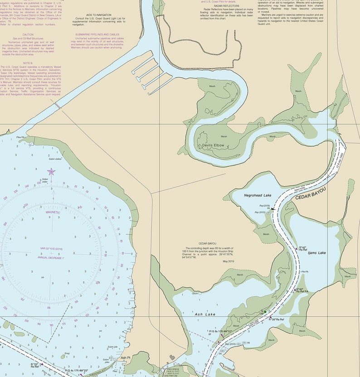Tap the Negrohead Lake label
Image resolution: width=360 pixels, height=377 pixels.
point(257,195)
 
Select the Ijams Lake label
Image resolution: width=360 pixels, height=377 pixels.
point(316,253)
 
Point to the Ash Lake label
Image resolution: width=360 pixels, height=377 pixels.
point(205,314)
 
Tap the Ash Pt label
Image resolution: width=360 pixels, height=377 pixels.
point(126,358)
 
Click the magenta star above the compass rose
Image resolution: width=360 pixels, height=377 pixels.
point(51,171)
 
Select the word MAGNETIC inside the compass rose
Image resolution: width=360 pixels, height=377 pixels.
point(53,212)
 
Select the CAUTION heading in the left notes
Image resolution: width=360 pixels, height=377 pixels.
point(28,34)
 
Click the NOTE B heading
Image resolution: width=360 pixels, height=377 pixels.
point(28,63)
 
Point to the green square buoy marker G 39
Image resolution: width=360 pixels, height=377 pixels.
point(265,311)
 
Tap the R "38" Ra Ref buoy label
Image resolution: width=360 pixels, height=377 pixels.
point(276,319)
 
